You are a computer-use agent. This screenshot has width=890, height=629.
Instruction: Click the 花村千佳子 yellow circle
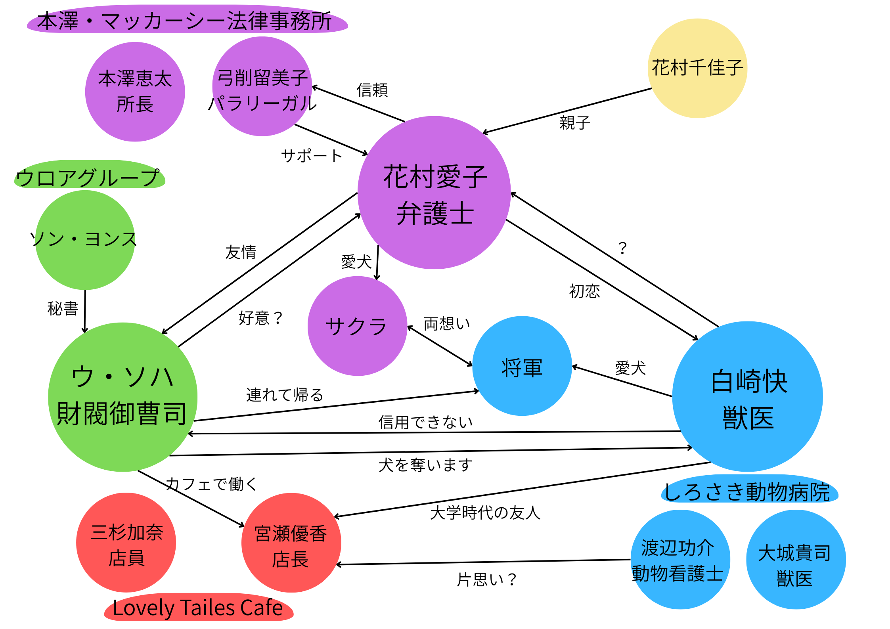[697, 68]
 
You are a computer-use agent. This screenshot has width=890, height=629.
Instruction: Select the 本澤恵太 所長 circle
[135, 92]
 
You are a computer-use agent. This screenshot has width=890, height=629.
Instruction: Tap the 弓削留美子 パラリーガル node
[262, 87]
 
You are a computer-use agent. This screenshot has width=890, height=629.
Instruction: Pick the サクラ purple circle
[357, 326]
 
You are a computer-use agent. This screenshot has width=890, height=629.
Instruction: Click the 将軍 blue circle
[522, 366]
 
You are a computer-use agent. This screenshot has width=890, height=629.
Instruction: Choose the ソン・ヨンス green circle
[85, 240]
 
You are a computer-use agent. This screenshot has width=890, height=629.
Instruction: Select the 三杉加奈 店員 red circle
[126, 543]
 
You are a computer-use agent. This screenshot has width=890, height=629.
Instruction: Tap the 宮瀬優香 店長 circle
[291, 543]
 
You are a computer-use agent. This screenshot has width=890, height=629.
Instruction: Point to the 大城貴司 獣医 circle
[796, 560]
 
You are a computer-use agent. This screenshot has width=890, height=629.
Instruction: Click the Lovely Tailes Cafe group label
[198, 608]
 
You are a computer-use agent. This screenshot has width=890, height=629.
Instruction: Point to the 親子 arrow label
[575, 123]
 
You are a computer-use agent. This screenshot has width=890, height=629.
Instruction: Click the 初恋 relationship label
[584, 291]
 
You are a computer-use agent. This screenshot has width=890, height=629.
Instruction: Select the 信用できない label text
[425, 422]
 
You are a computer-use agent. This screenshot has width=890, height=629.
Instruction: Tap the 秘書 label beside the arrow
[63, 308]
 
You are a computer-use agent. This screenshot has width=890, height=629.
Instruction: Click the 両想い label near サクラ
[446, 323]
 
